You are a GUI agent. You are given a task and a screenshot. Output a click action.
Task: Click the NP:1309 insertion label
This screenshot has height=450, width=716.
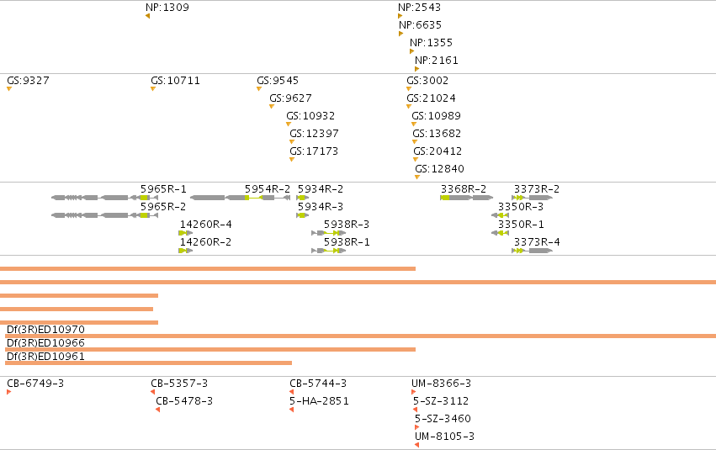coord(167,8)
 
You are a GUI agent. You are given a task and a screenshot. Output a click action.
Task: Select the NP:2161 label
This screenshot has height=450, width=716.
coord(437,61)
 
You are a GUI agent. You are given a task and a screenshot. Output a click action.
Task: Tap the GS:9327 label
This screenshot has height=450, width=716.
coord(28,81)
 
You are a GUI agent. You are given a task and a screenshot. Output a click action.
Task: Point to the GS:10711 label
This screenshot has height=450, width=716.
coord(175,81)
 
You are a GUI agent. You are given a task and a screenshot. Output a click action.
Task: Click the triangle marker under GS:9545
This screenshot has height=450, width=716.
coord(259,89)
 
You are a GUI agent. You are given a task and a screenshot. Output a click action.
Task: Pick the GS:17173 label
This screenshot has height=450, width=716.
coord(314,151)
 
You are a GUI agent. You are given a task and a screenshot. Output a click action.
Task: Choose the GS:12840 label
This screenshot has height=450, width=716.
coord(439,169)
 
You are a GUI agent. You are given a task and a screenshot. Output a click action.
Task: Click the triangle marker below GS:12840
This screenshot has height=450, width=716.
coord(417,177)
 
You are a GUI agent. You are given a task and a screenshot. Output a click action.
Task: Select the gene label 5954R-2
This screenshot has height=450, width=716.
coord(267,189)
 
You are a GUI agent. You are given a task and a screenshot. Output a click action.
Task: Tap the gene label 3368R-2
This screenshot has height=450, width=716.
coord(464,189)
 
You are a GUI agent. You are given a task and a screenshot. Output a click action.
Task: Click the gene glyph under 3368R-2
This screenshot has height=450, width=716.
coord(467,198)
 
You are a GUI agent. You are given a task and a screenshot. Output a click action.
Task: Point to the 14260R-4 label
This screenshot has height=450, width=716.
coord(205,224)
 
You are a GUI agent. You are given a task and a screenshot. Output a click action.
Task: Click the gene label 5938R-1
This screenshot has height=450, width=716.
coord(347,242)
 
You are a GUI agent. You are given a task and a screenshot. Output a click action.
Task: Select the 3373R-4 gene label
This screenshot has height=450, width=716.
coord(537,242)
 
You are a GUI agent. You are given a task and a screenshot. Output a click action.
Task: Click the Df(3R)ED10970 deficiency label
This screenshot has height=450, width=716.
coord(45,330)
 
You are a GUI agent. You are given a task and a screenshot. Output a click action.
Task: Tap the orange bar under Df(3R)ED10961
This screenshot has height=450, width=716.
coord(148,363)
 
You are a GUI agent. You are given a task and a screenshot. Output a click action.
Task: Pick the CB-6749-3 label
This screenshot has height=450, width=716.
coord(35,384)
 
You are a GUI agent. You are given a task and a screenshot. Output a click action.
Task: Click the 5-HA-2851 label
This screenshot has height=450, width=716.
coord(319,401)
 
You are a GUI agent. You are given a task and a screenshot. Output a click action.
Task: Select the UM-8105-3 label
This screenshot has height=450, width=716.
coord(444,437)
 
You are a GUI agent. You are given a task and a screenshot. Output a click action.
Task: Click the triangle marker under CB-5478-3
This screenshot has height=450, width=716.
coord(157,410)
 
